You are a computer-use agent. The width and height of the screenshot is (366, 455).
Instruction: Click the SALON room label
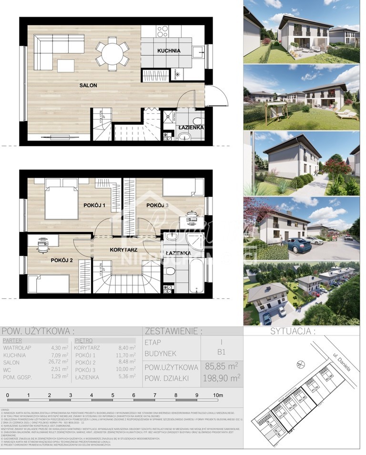point(88,85)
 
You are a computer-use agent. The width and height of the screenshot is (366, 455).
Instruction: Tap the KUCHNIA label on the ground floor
point(169,50)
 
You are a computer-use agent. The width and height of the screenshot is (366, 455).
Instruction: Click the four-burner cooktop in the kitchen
point(163,31)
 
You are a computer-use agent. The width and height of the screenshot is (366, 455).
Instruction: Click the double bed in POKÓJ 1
point(61,202)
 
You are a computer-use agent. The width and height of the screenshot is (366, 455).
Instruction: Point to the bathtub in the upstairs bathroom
point(196,276)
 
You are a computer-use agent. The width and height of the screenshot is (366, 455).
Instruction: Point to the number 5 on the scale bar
point(112,395)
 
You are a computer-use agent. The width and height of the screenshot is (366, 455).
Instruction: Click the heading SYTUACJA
point(291,331)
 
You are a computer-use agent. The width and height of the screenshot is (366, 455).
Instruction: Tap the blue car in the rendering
point(298,246)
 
